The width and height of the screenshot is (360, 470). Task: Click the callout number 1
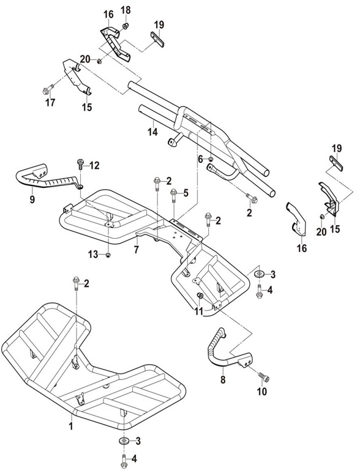point(71,426)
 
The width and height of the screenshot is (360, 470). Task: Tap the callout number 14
point(152,132)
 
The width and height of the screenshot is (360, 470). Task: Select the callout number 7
point(137,250)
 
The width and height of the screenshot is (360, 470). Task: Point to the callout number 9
point(32,200)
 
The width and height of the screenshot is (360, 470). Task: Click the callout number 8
point(223,380)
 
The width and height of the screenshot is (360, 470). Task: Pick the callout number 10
point(262,392)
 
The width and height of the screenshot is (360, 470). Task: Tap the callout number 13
point(93,255)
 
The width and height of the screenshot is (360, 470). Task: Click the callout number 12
point(94,165)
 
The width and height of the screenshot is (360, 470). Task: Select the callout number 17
point(50,103)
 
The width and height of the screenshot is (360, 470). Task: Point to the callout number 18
point(126,10)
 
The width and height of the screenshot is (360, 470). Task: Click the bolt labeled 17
point(48,89)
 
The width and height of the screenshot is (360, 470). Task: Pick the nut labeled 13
point(108,255)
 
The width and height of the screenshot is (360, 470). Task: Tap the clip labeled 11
point(200,296)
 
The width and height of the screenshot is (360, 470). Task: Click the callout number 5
point(186,193)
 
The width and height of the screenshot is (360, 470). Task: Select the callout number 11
point(198,311)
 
